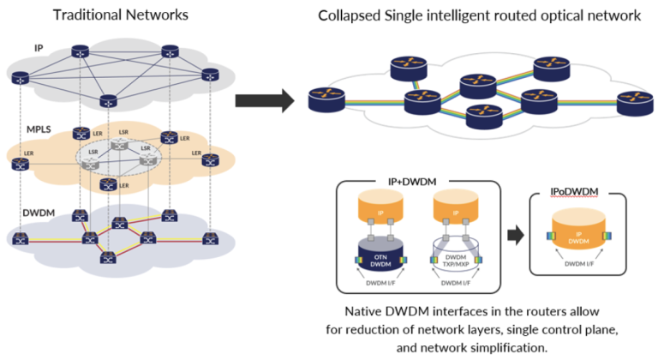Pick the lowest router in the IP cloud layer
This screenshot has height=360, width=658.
[x=108, y=101]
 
